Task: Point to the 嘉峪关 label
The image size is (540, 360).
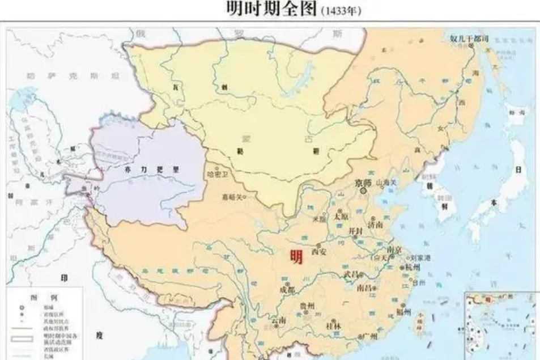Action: [232, 197]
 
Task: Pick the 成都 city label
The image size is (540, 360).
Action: [287, 290]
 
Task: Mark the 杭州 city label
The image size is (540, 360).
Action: [413, 266]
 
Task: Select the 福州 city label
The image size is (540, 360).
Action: [404, 311]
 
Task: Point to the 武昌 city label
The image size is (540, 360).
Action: [351, 274]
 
